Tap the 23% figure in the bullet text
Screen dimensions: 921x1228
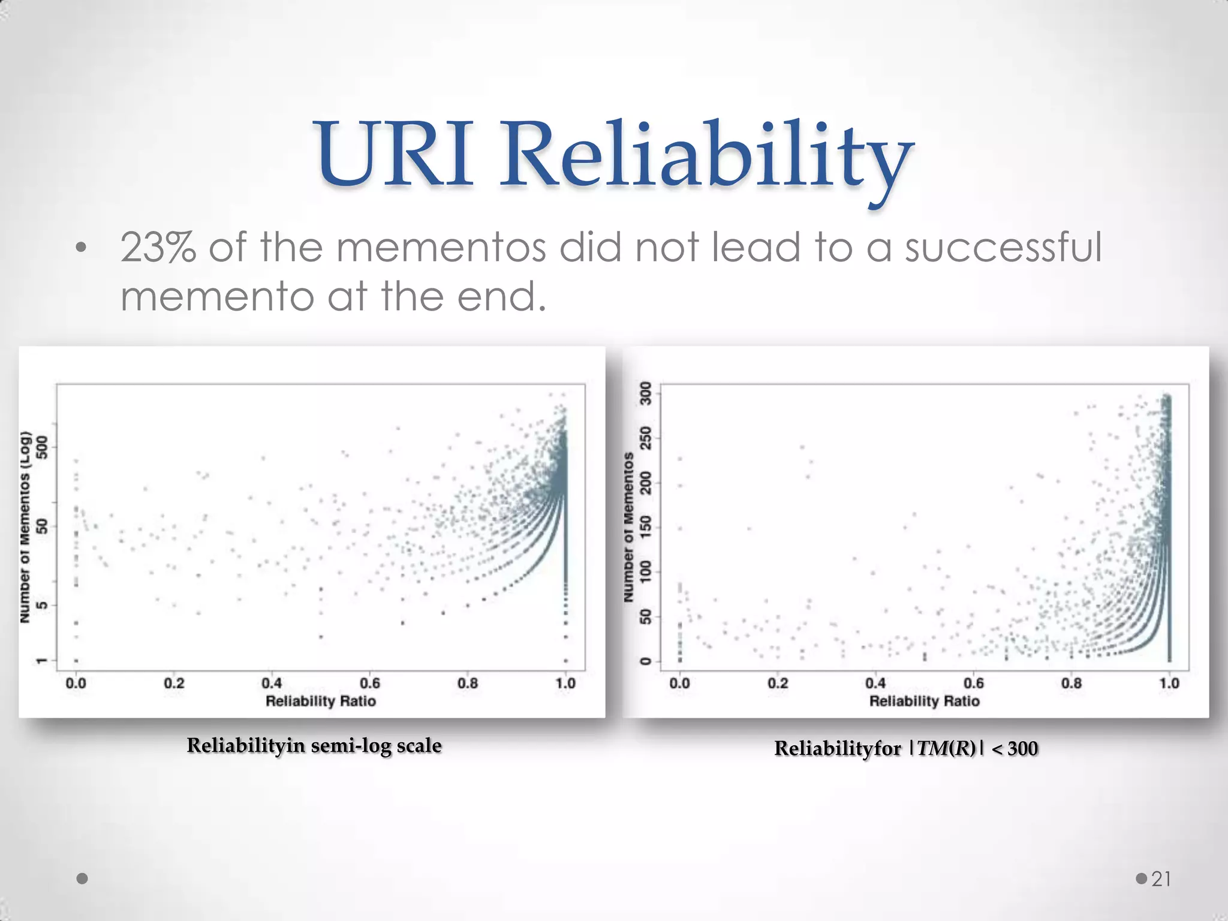pos(158,247)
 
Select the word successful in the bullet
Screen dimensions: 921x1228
pos(1003,247)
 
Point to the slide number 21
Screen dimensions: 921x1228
pos(1161,879)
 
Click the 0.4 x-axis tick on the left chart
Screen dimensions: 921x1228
pos(272,683)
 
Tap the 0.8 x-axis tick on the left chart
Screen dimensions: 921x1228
pos(468,683)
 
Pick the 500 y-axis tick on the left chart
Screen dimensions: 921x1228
pos(42,447)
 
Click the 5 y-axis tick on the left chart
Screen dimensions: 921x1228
pos(42,606)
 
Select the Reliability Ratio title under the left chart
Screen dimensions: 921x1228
pos(321,701)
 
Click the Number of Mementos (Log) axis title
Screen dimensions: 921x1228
pos(25,526)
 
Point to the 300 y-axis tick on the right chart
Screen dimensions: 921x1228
pos(646,393)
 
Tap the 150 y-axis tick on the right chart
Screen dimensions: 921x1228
pos(646,527)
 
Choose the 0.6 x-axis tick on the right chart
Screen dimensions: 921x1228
pos(973,683)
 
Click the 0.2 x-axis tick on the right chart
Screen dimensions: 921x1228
pos(778,683)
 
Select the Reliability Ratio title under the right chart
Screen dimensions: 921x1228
pos(925,701)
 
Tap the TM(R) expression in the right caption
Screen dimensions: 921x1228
pos(947,749)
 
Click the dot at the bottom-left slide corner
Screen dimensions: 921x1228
pos(83,879)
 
